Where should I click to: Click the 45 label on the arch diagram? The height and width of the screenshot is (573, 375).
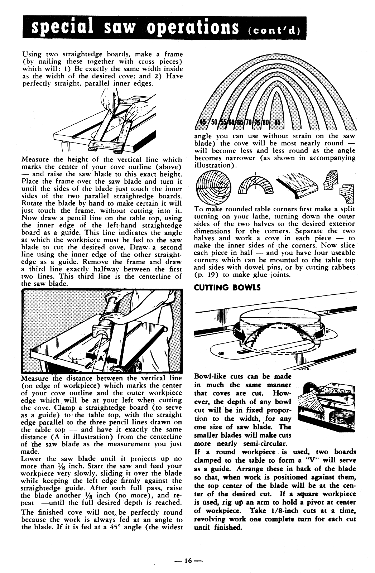point(203,123)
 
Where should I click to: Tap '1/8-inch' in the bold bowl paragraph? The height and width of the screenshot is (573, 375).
point(283,510)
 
